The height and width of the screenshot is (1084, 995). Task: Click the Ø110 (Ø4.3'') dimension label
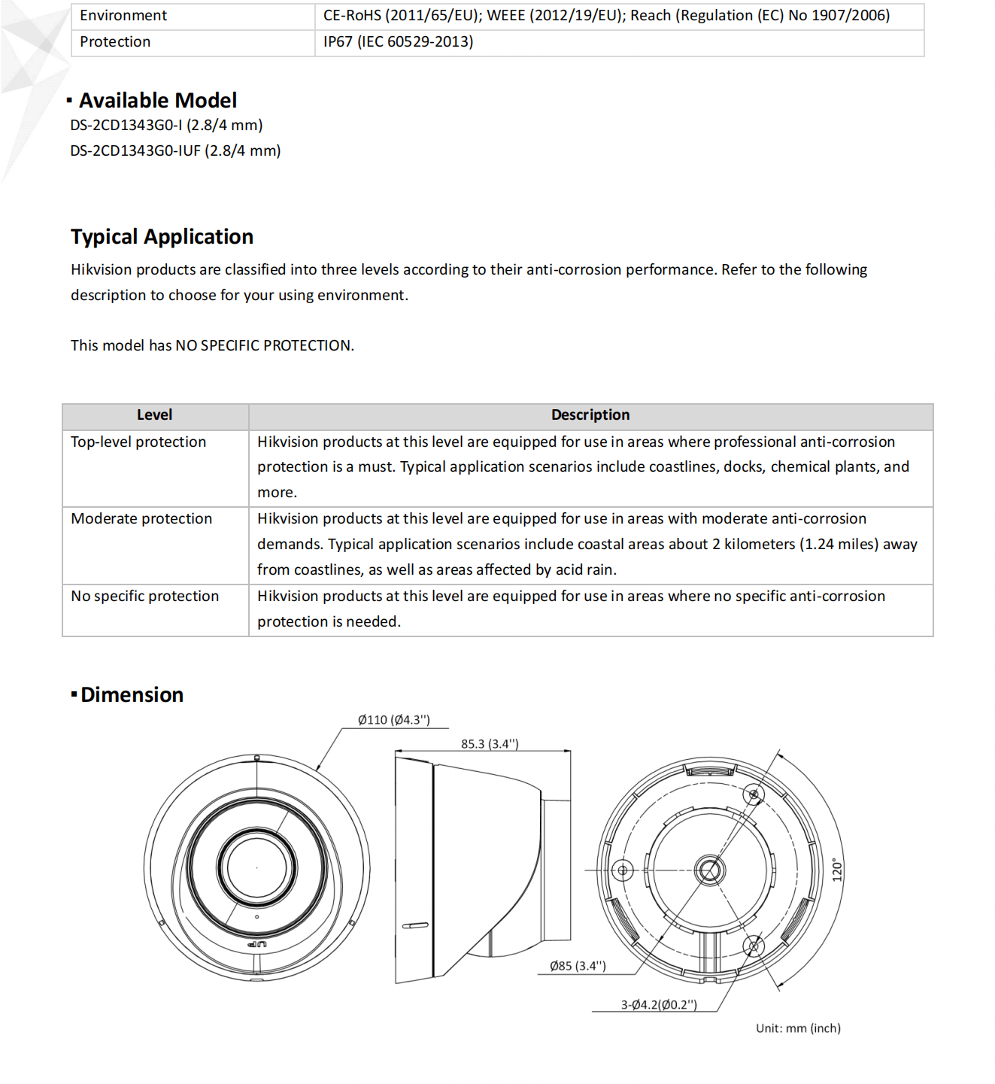point(393,720)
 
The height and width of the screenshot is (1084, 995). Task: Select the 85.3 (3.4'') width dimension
point(490,744)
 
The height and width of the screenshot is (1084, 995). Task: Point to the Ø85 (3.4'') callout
point(578,966)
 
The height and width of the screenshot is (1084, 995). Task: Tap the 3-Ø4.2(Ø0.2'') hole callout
point(659,1005)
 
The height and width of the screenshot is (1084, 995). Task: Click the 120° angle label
point(838,870)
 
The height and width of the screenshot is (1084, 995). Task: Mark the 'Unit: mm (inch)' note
point(798,1028)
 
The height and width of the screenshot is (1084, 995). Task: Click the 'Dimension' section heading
point(132,695)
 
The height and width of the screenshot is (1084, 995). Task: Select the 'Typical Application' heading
point(162,237)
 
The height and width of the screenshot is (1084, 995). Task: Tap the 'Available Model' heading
point(158,101)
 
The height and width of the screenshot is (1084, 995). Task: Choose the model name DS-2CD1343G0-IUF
point(135,151)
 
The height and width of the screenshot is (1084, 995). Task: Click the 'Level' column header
point(154,415)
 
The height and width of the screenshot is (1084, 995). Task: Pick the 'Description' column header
point(590,415)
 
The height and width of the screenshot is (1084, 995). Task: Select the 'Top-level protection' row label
point(138,442)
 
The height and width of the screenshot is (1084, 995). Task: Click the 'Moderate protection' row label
point(141,519)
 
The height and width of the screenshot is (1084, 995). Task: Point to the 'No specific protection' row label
point(145,597)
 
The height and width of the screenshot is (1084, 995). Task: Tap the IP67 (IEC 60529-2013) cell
point(398,42)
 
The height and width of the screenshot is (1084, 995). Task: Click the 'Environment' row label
point(123,16)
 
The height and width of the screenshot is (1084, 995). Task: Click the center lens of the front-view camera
point(256,867)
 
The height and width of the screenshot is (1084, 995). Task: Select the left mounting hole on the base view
point(622,871)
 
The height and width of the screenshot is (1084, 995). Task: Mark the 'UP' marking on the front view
point(257,943)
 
